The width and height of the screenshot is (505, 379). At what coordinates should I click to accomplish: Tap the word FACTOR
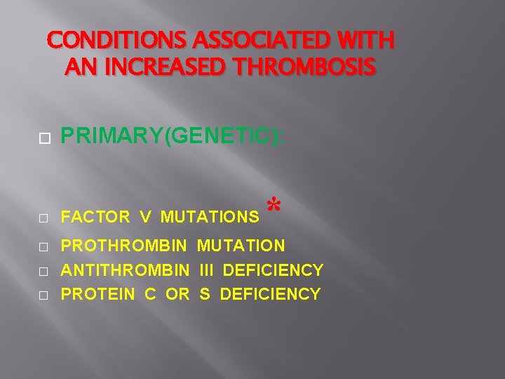coord(95,218)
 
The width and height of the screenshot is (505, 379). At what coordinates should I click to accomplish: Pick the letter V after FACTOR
coord(144,218)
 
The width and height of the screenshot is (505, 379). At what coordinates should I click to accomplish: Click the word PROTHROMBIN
coord(125,246)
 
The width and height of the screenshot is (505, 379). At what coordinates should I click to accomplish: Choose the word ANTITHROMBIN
coord(126,270)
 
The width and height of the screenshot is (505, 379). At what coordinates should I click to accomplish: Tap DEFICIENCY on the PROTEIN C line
coord(270,294)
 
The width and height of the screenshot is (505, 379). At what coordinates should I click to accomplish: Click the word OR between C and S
coord(177,294)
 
